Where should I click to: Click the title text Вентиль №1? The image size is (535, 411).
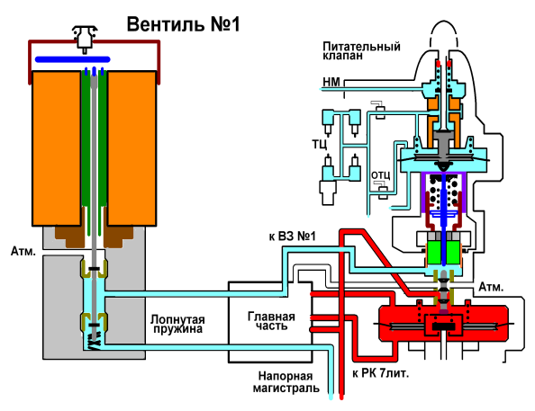183,24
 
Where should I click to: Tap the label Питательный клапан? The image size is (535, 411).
361,50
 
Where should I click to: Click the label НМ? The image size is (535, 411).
331,82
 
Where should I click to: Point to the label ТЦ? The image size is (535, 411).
320,144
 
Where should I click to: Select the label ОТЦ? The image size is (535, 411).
380,175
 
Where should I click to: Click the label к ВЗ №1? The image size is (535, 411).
293,236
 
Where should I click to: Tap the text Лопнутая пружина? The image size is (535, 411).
177,324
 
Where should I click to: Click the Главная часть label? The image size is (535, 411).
271,321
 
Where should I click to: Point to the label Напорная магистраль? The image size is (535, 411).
286,382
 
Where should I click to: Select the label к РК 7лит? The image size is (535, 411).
380,373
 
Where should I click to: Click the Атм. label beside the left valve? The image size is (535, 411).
23,251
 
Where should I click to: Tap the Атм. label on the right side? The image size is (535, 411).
491,287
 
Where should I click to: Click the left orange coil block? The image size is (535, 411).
57,148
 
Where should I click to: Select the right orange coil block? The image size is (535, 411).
131,148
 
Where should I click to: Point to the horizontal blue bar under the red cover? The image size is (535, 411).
73,59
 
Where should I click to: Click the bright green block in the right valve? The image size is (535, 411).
443,253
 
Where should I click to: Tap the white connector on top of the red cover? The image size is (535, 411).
85,38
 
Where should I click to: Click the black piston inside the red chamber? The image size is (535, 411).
443,326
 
